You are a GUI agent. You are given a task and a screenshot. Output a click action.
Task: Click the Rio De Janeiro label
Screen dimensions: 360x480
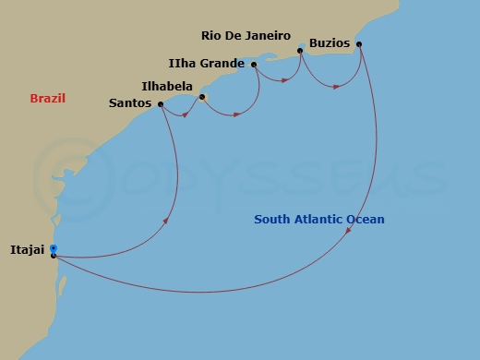coord(245,36)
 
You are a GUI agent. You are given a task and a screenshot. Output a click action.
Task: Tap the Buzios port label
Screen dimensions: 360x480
coord(330,44)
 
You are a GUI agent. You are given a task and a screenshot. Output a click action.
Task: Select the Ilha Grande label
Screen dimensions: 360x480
coord(208,64)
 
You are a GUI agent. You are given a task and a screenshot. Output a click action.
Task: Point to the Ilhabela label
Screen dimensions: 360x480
coord(169,86)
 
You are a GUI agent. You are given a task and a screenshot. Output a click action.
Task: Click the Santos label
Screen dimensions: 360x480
coord(130,103)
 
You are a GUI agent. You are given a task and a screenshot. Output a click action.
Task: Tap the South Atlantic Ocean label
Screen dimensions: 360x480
coord(319,219)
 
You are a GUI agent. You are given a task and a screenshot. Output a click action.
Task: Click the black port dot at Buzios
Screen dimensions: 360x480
coord(359,44)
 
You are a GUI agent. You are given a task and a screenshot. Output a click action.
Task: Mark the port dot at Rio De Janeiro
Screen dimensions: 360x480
coord(300,51)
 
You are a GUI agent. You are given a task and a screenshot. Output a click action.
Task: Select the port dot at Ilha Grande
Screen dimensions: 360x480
coord(253,65)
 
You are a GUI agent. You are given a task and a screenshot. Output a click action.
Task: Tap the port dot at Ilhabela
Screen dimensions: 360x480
coord(201,96)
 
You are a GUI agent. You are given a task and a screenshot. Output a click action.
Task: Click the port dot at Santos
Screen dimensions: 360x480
coord(161,104)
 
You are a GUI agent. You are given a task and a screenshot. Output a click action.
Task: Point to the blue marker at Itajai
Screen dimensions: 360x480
coord(54,248)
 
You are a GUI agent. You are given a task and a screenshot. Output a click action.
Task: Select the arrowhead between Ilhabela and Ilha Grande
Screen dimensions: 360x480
coord(237,114)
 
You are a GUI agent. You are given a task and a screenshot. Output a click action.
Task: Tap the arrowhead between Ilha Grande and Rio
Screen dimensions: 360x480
coord(285,80)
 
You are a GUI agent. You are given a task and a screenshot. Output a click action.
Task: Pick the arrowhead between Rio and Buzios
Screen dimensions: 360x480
coord(338,87)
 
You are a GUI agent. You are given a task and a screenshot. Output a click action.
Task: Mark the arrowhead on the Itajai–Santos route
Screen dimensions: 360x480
coord(166,220)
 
